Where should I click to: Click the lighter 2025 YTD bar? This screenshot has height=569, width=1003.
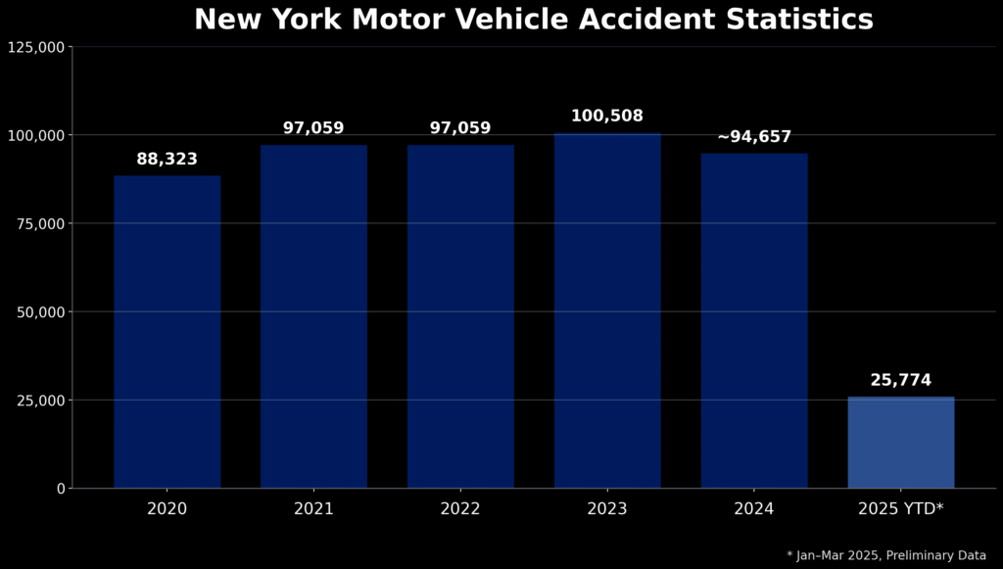(x=901, y=443)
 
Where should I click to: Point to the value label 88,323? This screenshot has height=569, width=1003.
(x=167, y=160)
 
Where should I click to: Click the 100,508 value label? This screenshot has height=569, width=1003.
(x=607, y=117)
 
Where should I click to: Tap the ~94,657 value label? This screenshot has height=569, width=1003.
(x=754, y=137)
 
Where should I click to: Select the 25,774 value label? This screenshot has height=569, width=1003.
(x=901, y=381)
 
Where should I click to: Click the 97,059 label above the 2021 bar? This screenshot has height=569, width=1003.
(x=313, y=128)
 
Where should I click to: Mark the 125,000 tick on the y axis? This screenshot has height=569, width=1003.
(x=36, y=47)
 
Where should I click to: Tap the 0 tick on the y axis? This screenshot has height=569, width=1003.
(x=61, y=488)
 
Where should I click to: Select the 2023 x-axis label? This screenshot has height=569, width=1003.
(x=607, y=509)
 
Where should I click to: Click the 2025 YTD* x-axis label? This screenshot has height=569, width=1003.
(x=901, y=509)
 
